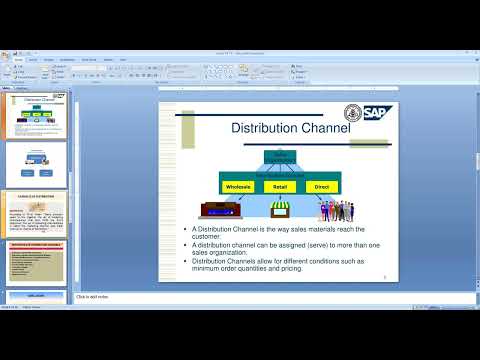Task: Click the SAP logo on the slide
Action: tap(378, 112)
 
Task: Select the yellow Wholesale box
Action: tap(237, 186)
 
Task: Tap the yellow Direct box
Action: tap(321, 186)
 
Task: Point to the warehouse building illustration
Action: tap(221, 210)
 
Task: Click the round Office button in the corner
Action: tap(6, 53)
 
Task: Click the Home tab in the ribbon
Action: tap(19, 59)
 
